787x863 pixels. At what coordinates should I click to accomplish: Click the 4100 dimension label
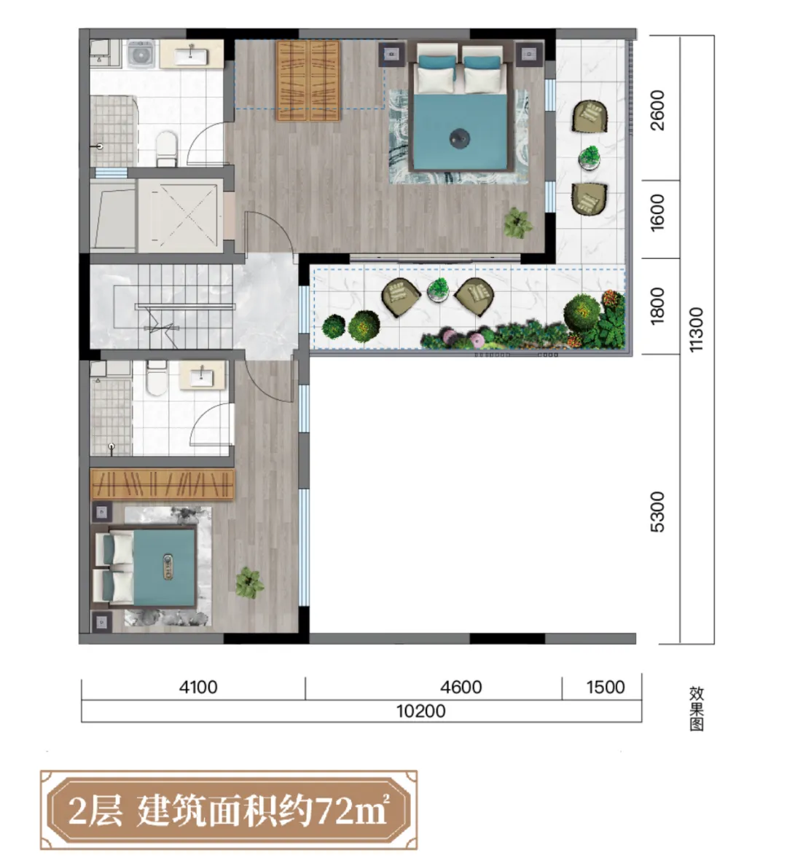(198, 687)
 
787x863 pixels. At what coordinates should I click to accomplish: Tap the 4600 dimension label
(461, 687)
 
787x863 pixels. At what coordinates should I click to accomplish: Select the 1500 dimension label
(606, 687)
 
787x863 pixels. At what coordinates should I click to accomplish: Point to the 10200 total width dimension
(421, 711)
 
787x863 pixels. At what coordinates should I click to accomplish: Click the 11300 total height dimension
(696, 330)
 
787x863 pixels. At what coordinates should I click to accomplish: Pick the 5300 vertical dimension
(657, 512)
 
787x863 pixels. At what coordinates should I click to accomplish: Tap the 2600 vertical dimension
(657, 110)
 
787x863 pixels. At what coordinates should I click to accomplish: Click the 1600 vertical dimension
(657, 213)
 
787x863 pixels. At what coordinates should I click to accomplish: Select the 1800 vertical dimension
(657, 306)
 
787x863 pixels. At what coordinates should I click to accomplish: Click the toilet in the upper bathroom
(165, 148)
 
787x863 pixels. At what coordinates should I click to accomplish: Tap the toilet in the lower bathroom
(157, 377)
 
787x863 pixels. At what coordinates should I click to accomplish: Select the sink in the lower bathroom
(202, 377)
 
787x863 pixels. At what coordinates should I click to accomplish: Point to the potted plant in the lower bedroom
(249, 583)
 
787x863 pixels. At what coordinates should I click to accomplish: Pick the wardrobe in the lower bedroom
(162, 484)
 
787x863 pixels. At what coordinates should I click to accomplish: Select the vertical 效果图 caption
(696, 709)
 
